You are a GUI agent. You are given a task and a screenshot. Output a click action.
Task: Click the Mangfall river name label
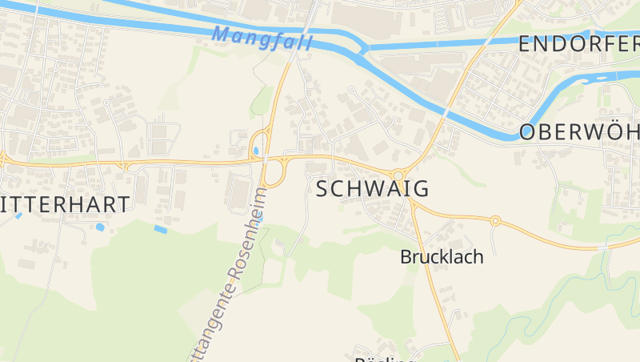(x=262, y=36)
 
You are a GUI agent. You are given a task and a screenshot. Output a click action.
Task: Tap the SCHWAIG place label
(x=373, y=189)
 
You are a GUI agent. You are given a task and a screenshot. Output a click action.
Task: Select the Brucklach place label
(x=442, y=258)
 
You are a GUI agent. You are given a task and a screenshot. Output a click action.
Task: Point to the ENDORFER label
(x=578, y=44)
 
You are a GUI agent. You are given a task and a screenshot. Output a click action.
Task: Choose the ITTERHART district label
(x=66, y=204)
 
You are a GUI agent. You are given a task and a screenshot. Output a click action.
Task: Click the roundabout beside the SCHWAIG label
(x=398, y=175)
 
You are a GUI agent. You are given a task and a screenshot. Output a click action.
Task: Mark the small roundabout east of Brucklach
(x=495, y=220)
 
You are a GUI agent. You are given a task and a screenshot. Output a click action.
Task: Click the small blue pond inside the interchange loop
(x=256, y=150)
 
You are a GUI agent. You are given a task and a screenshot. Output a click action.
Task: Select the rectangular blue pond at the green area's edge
(x=161, y=229)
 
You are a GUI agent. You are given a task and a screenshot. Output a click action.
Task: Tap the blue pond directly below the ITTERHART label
(x=99, y=227)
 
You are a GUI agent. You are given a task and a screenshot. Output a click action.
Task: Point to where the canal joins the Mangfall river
(x=364, y=50)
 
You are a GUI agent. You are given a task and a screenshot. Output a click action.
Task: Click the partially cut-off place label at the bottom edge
(x=384, y=359)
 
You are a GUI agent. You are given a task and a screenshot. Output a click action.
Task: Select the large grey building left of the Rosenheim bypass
(x=239, y=193)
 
